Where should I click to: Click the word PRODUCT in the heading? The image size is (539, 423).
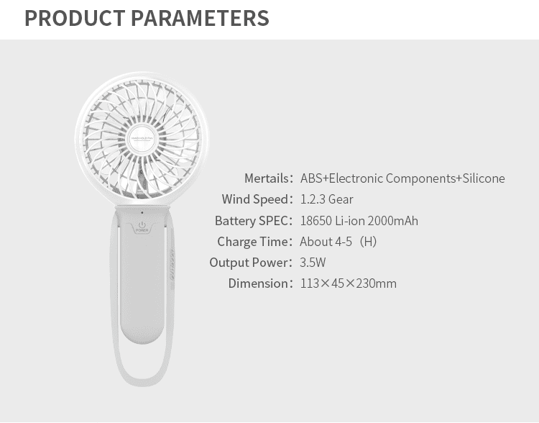(75, 18)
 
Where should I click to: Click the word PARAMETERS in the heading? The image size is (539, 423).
(200, 18)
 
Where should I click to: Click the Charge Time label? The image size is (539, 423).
(254, 242)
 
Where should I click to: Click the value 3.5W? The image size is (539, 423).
(313, 263)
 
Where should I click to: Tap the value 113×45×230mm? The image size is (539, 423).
(349, 283)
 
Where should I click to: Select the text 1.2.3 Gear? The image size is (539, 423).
(326, 199)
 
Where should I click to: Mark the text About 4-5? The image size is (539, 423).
(326, 242)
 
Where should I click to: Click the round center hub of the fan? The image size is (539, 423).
(142, 139)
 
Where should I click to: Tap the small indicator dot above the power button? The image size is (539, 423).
(142, 213)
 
